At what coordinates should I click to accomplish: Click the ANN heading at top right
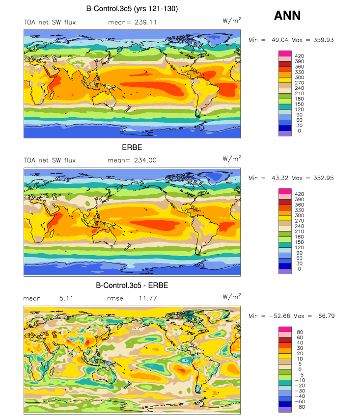pyautogui.click(x=287, y=15)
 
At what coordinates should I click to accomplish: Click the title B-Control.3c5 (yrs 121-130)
pyautogui.click(x=132, y=9)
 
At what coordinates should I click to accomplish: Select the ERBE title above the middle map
pyautogui.click(x=132, y=147)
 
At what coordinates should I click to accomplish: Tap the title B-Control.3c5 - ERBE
pyautogui.click(x=132, y=286)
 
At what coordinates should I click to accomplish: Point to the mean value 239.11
pyautogui.click(x=145, y=23)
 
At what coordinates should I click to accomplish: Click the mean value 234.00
pyautogui.click(x=145, y=160)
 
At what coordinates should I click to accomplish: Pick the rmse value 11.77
pyautogui.click(x=147, y=298)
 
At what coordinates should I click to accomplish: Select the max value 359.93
pyautogui.click(x=323, y=40)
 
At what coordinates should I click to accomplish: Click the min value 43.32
pyautogui.click(x=280, y=178)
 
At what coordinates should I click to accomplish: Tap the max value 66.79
pyautogui.click(x=326, y=316)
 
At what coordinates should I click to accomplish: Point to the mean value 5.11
pyautogui.click(x=66, y=298)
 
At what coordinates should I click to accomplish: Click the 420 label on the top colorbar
pyautogui.click(x=299, y=56)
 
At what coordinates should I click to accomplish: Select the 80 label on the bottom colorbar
pyautogui.click(x=300, y=332)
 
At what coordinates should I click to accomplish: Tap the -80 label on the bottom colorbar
pyautogui.click(x=300, y=407)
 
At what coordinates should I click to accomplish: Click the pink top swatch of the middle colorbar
pyautogui.click(x=285, y=191)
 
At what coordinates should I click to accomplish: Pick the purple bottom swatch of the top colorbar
pyautogui.click(x=285, y=133)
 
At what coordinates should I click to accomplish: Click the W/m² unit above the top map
pyautogui.click(x=232, y=21)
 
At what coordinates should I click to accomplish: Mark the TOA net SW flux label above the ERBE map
pyautogui.click(x=50, y=160)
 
